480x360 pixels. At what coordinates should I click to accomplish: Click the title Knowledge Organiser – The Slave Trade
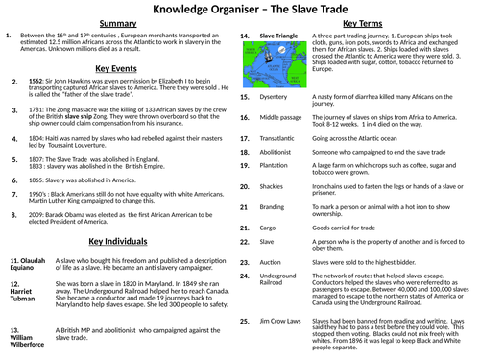point(239,11)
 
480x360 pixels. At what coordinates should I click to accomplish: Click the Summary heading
point(118,23)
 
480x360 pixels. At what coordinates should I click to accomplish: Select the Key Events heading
point(117,69)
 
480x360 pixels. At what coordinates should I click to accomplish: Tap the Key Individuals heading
point(117,241)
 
